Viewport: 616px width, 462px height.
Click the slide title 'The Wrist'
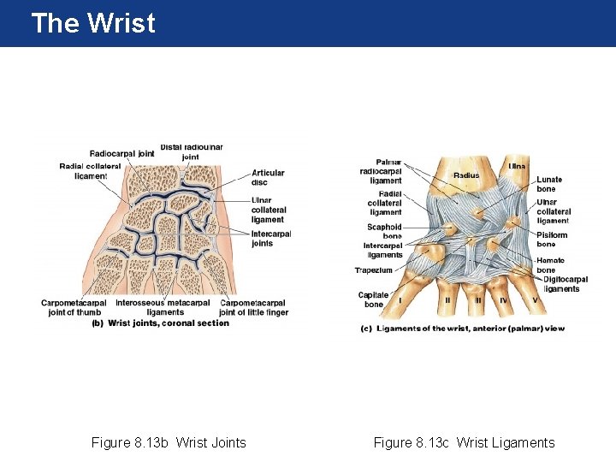coord(92,23)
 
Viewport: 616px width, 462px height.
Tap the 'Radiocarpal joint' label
coord(121,154)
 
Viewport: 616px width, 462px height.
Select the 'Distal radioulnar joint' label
coord(191,151)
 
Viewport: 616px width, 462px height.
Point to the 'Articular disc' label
coord(268,177)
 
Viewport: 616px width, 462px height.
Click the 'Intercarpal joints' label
coord(271,238)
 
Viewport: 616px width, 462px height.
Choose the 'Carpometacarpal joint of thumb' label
coord(74,307)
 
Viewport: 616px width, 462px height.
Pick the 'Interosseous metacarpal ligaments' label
coord(163,307)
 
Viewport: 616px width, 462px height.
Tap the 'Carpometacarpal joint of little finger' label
coord(253,307)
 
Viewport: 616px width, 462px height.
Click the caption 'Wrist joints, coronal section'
coord(169,323)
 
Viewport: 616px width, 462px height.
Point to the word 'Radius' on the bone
coord(466,175)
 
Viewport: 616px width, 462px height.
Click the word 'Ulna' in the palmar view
coord(517,165)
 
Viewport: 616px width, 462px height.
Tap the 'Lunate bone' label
coord(549,184)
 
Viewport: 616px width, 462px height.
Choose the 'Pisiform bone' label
coord(552,240)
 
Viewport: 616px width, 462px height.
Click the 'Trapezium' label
coord(374,270)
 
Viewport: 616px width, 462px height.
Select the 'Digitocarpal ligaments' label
coord(565,284)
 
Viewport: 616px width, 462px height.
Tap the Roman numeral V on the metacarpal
coord(536,300)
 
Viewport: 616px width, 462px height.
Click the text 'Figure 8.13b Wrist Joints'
coord(169,442)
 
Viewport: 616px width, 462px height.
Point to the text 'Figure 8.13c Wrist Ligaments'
coord(464,442)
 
